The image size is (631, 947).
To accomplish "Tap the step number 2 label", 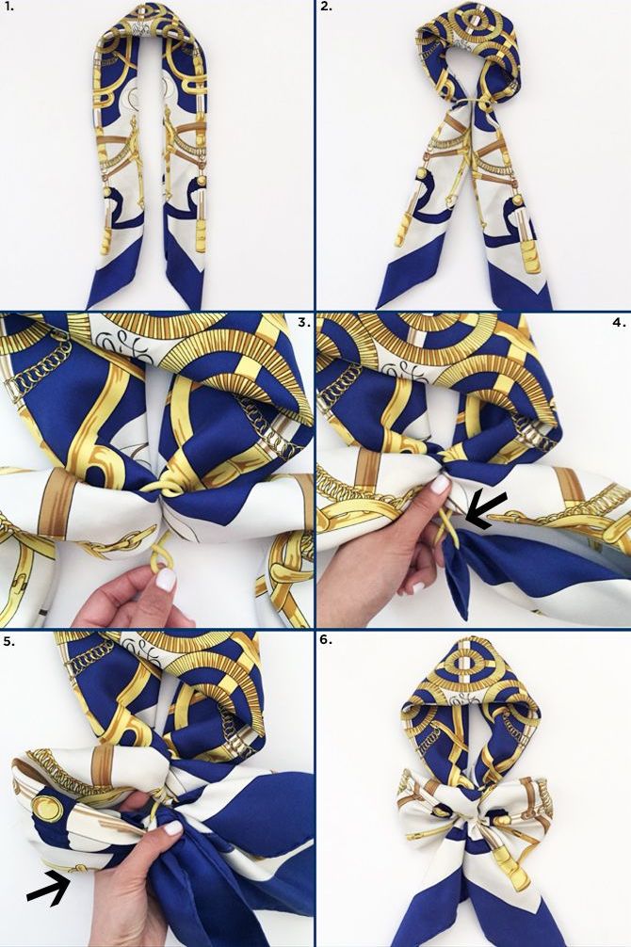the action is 327,7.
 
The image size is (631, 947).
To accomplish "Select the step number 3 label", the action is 304,322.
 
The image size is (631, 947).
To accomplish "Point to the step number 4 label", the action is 620,322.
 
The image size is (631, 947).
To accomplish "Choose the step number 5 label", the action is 9,641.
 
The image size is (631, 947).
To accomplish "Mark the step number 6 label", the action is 327,639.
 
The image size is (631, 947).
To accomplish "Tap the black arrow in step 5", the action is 48,887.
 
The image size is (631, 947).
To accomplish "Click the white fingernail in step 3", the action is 165,580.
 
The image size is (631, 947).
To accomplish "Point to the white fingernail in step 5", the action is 173,828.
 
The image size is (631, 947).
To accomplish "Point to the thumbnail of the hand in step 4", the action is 440,484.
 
